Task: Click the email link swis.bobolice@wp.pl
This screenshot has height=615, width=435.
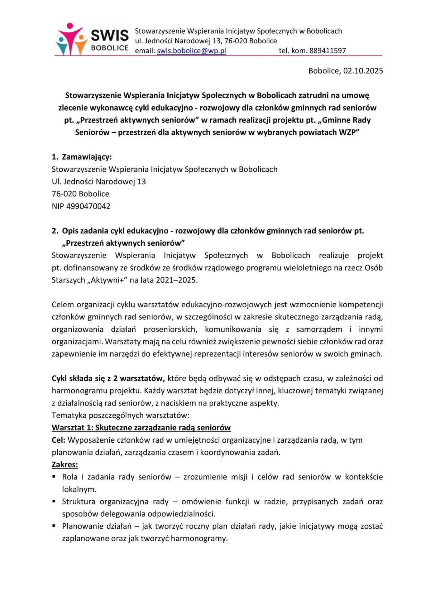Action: pos(191,51)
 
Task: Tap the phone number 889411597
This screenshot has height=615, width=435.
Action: pos(327,51)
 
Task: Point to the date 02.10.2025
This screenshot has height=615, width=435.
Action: pos(363,71)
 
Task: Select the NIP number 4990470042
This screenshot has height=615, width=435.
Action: pos(88,206)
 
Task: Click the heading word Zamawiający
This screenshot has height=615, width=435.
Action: pos(87,157)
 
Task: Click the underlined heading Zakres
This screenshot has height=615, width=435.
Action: pos(65,465)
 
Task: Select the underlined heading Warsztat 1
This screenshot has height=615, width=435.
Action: pos(141,428)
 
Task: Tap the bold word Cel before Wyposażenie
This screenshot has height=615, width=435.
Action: pos(58,440)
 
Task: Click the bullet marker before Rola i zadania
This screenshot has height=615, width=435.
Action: pos(54,477)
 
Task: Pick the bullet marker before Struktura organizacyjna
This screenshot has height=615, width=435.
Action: pos(54,501)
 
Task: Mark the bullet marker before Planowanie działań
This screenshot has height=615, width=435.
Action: pos(54,526)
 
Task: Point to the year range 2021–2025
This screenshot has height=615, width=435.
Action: pos(176,280)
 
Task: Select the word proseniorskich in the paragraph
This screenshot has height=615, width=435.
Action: pos(170,330)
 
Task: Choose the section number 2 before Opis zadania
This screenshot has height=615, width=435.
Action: pos(54,231)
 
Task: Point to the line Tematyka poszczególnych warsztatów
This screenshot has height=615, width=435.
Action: pos(121,416)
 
